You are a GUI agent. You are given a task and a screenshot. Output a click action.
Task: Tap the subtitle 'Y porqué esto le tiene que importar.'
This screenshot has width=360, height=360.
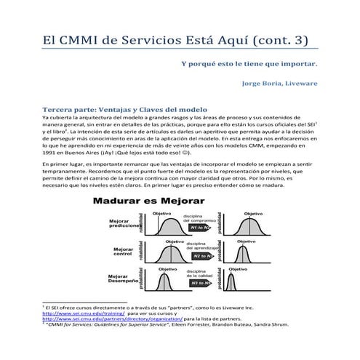point(249,63)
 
